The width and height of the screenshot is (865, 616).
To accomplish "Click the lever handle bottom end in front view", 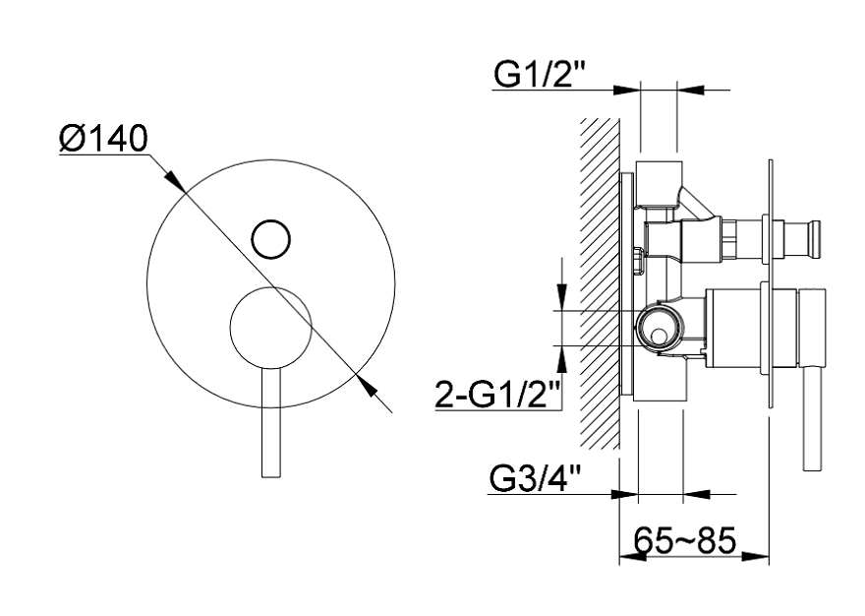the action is click(271, 475).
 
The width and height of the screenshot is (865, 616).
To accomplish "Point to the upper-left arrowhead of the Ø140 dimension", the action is click(174, 180).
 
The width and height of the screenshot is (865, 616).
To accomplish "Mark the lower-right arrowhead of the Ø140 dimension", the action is click(366, 384).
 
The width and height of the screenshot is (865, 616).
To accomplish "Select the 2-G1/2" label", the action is click(498, 394).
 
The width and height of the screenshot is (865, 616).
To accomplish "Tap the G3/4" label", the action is click(535, 479).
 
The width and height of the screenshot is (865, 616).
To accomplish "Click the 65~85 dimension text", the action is click(684, 540).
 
